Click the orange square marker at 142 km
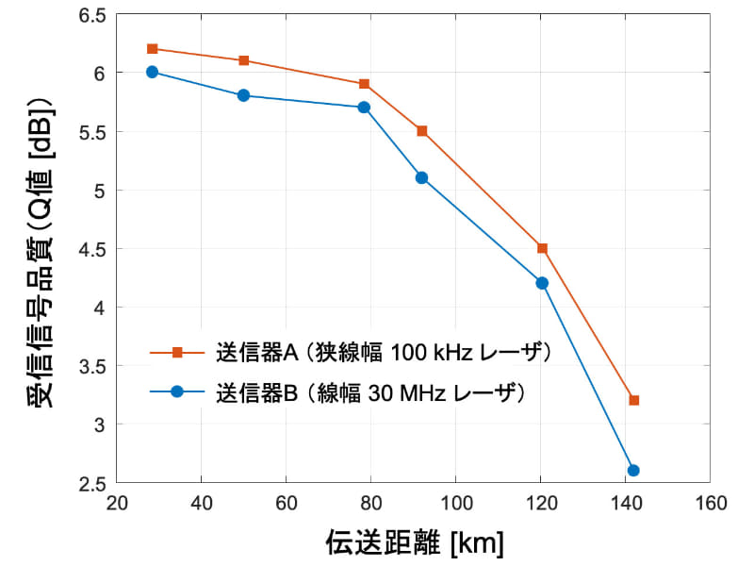coord(633,400)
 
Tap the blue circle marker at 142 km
coord(633,470)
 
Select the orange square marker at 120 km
coord(542,248)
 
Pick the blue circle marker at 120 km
coord(542,283)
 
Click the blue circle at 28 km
coord(152,72)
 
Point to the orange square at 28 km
coord(152,48)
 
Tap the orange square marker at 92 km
coord(422,131)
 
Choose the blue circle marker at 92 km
coord(422,177)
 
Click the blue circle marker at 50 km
coord(244,95)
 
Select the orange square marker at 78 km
coord(364,84)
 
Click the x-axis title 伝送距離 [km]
coord(414,542)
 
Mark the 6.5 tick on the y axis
coord(91,15)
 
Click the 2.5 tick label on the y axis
coord(91,483)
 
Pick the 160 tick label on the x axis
coord(710,502)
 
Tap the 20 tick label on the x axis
coord(117,502)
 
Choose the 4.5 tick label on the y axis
coord(91,249)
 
